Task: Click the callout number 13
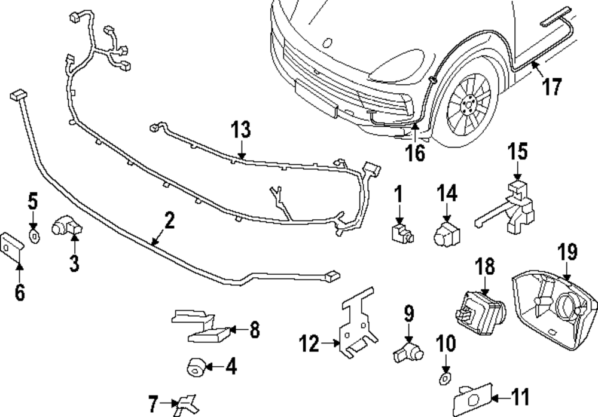[241, 130]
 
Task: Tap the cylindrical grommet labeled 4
[196, 367]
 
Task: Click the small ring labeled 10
[443, 378]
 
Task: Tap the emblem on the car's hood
[327, 43]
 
